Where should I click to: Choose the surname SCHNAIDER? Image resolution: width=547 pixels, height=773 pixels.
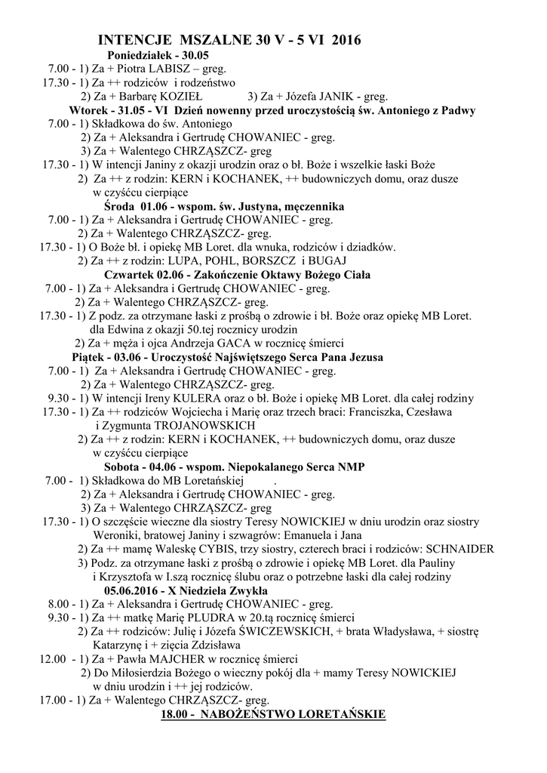pyautogui.click(x=460, y=549)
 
